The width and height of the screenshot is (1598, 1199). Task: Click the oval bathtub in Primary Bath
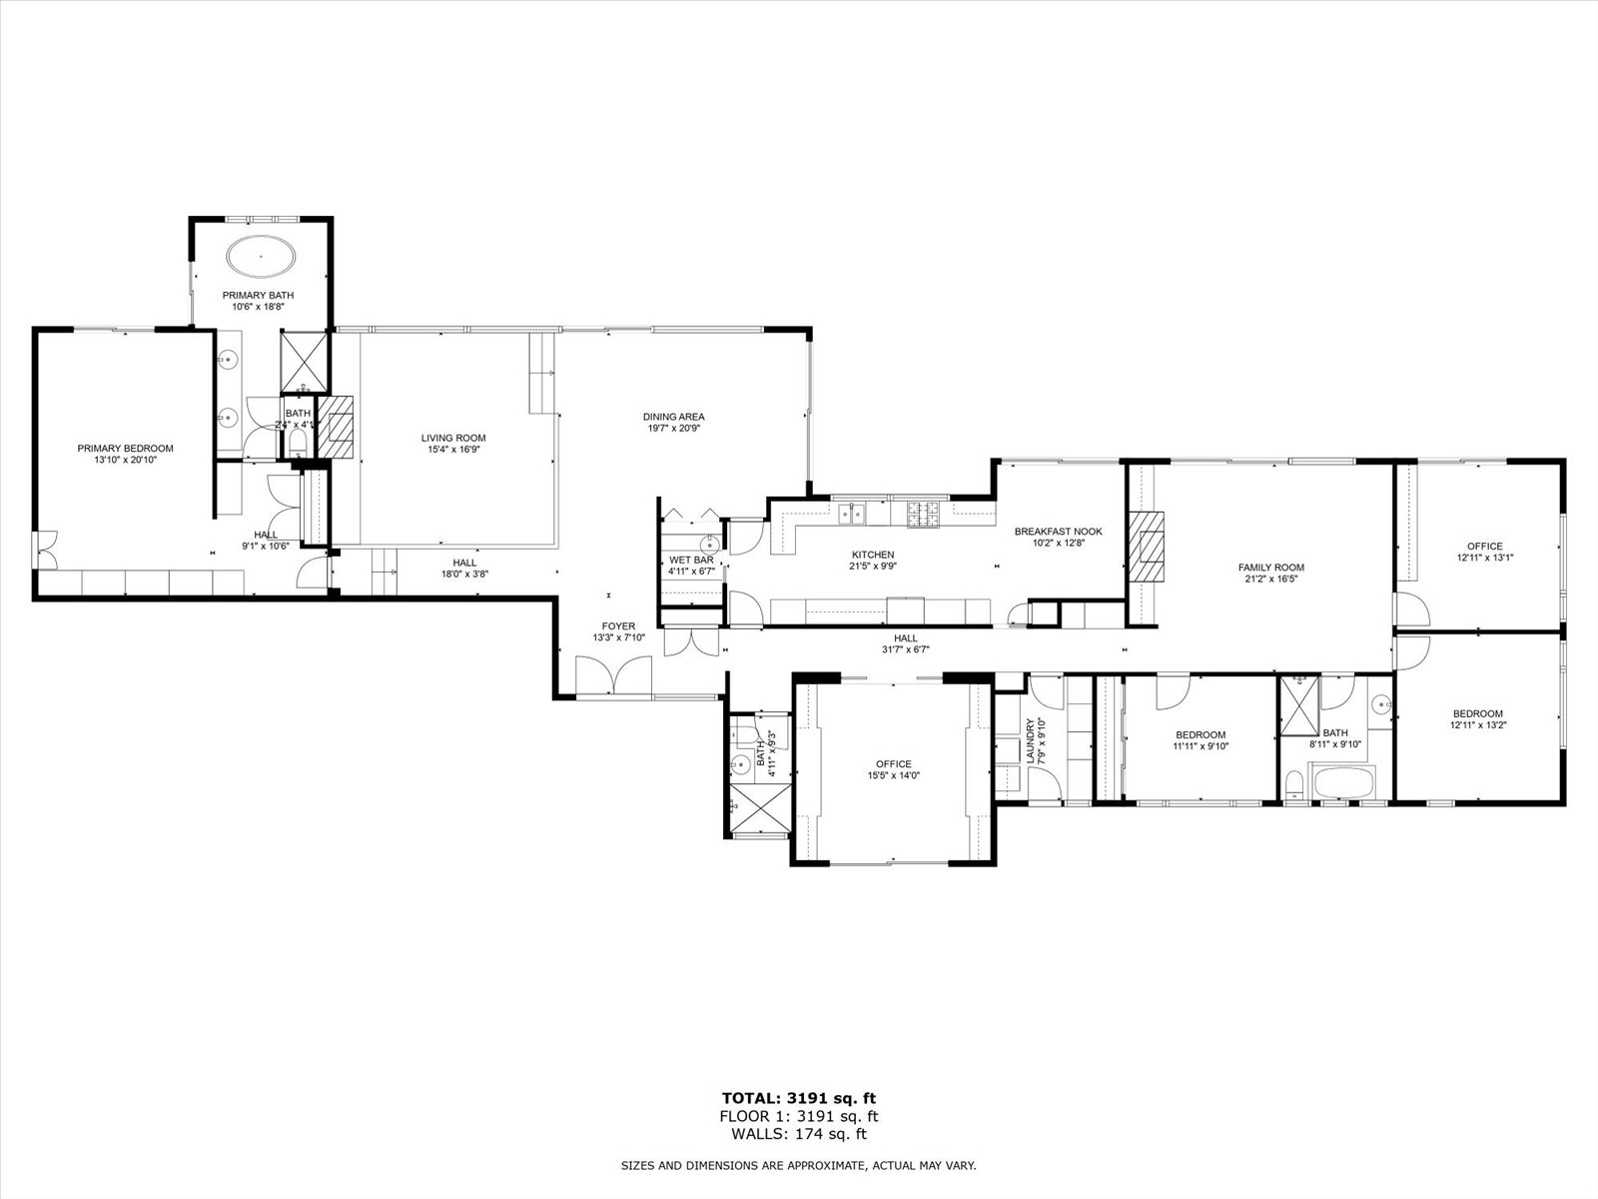tap(261, 256)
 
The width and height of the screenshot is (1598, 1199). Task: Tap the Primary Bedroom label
tap(125, 449)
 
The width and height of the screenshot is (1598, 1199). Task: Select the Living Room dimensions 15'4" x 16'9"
tap(452, 450)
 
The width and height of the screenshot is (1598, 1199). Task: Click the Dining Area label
tap(673, 417)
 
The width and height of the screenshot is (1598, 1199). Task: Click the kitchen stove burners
tap(924, 514)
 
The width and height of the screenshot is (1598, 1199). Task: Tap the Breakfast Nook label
tap(1058, 532)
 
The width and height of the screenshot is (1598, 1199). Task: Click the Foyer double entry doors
tap(613, 676)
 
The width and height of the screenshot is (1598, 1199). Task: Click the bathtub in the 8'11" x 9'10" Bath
tap(1344, 782)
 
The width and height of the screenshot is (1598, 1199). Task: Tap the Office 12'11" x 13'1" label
tap(1484, 546)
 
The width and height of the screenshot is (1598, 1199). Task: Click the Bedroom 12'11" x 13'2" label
tap(1477, 713)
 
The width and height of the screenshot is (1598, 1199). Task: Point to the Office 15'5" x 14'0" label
tap(893, 764)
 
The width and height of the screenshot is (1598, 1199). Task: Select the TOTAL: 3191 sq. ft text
tap(799, 1097)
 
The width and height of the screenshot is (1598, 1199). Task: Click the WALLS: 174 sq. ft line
tap(799, 1134)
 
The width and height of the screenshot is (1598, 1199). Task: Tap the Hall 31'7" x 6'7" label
tap(905, 638)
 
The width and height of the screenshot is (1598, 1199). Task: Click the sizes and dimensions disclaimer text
tap(799, 1165)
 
